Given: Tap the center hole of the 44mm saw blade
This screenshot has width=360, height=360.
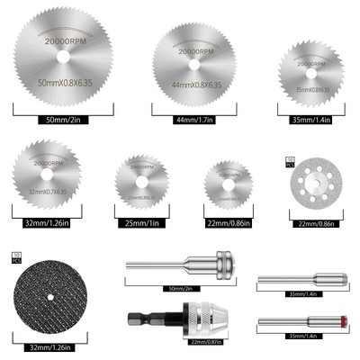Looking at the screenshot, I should pyautogui.click(x=196, y=63).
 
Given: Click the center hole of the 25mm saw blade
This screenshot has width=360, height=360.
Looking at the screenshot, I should pyautogui.click(x=148, y=184).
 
